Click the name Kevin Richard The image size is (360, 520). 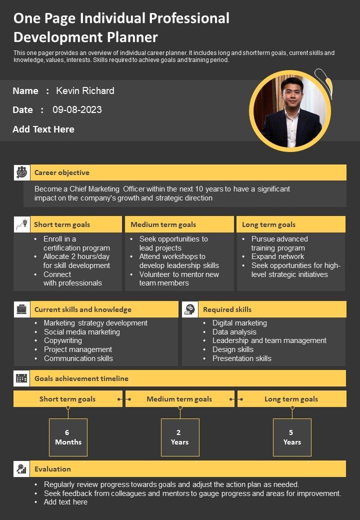tap(85, 91)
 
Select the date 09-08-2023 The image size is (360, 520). tap(77, 110)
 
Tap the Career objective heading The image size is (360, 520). tap(62, 172)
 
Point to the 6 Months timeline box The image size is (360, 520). tap(68, 437)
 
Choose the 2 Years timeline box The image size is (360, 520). tap(180, 437)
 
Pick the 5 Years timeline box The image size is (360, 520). tap(292, 437)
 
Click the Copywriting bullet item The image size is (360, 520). tap(63, 340)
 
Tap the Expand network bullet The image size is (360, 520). tap(277, 256)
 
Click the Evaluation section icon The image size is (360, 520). tap(21, 469)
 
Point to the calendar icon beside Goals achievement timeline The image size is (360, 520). tap(21, 378)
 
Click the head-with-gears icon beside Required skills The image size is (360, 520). tap(189, 309)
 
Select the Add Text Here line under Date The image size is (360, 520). tap(43, 129)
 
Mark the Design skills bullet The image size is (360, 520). tap(232, 349)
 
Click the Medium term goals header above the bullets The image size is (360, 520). tap(163, 224)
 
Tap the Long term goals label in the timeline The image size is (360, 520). tap(291, 399)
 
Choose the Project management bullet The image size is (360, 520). tap(78, 349)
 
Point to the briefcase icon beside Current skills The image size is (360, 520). tap(21, 309)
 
